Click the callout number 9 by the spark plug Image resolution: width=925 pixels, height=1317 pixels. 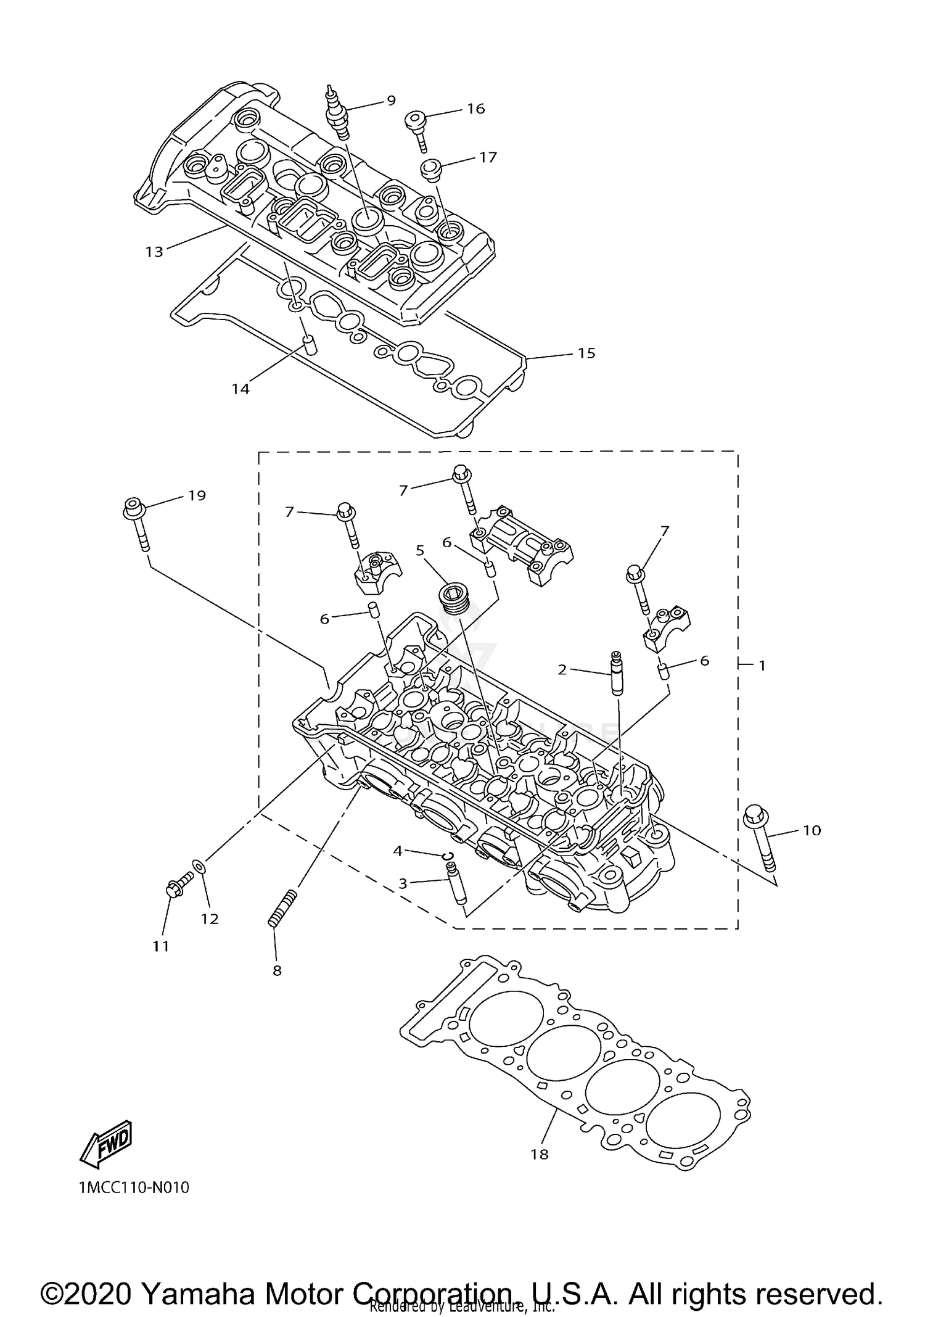click(391, 100)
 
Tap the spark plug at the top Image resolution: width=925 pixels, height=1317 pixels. click(337, 113)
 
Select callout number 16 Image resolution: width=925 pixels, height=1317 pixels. click(475, 109)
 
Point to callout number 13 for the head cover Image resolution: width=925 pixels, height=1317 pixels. click(154, 252)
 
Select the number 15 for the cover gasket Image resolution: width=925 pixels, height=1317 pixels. click(586, 353)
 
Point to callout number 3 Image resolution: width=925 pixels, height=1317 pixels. click(403, 883)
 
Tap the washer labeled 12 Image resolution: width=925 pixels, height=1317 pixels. click(199, 867)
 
